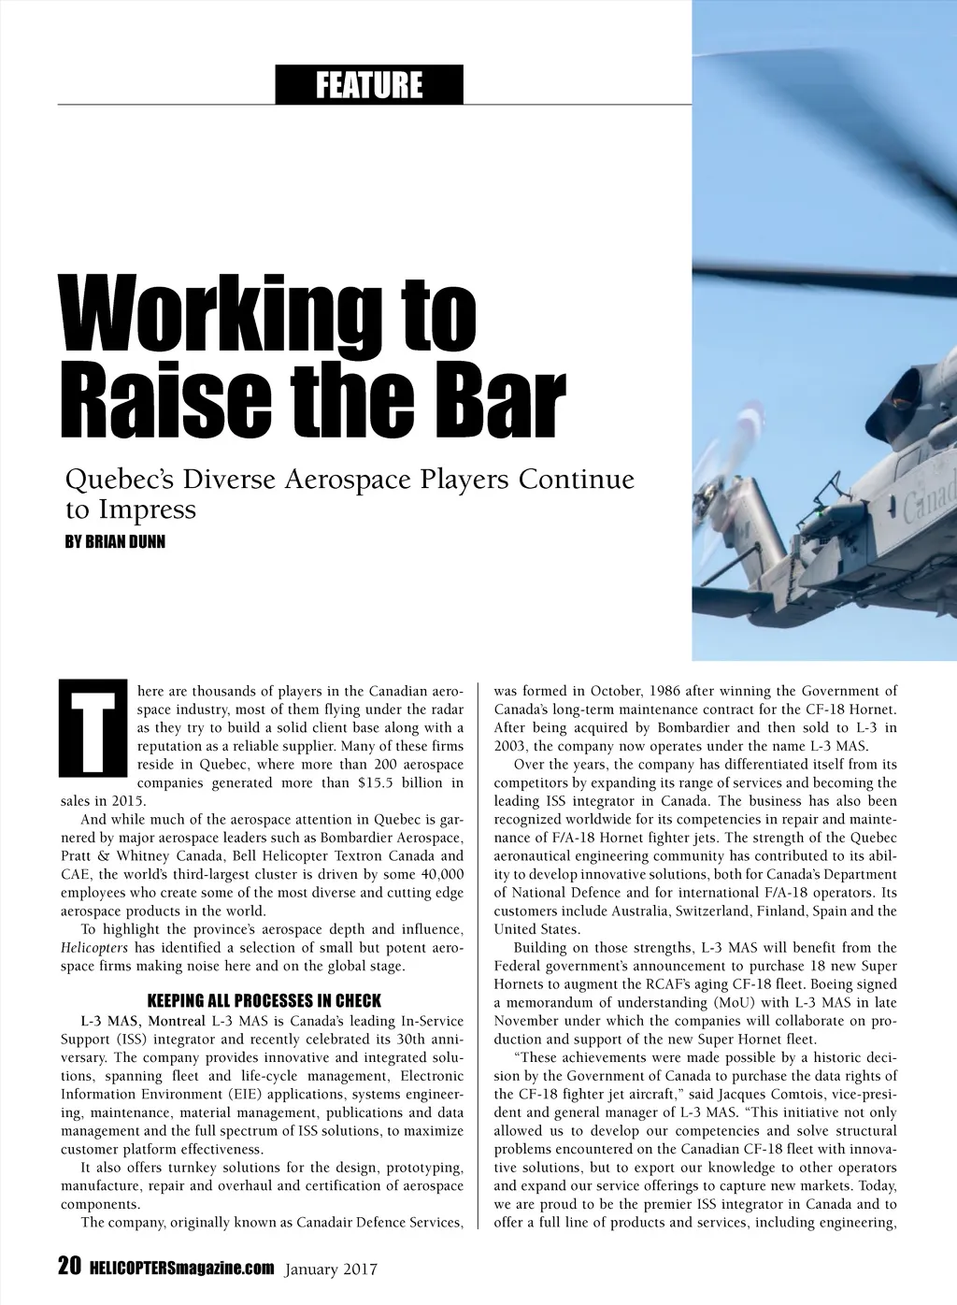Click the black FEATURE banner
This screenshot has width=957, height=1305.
369,85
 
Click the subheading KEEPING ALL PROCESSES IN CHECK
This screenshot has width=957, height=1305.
264,1001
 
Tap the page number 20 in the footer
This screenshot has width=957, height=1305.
69,1267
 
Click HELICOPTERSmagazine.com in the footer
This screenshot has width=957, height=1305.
181,1269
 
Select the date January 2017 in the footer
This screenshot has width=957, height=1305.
330,1269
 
